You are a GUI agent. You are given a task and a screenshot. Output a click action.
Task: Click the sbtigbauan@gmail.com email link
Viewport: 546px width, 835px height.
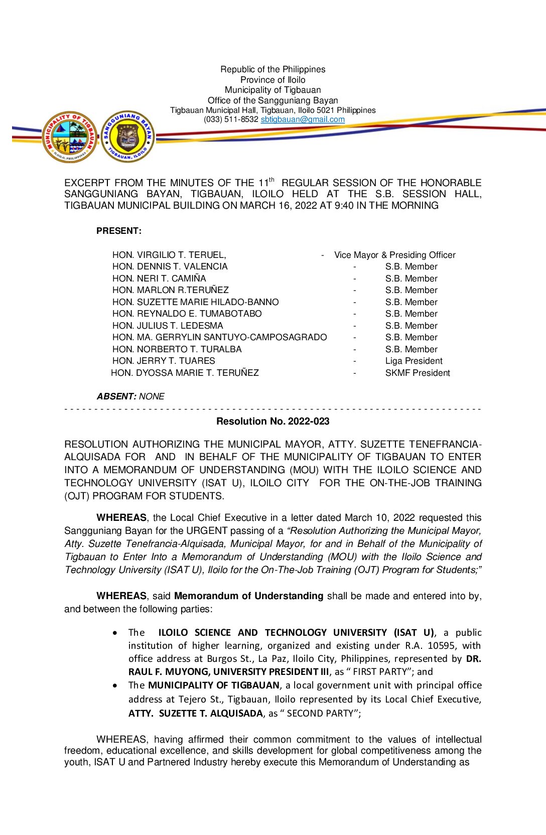click(303, 119)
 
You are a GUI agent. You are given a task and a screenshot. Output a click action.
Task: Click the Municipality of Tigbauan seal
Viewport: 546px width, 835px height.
click(70, 136)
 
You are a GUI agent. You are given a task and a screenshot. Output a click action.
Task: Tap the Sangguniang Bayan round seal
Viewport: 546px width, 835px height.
click(128, 136)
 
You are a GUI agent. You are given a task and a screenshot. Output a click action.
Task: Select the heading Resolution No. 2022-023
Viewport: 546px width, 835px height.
click(272, 422)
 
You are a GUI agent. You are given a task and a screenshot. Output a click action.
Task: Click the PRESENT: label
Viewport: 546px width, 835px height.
click(119, 231)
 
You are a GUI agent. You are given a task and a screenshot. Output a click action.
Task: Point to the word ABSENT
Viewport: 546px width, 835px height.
click(116, 396)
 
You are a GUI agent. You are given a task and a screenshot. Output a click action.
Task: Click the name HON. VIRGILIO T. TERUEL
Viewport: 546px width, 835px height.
click(169, 255)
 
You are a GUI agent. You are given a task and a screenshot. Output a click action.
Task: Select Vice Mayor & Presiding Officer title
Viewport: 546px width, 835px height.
click(395, 255)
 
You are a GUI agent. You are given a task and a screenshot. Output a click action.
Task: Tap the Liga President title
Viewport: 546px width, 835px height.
click(414, 361)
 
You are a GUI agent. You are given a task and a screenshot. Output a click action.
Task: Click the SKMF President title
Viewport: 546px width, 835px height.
click(418, 373)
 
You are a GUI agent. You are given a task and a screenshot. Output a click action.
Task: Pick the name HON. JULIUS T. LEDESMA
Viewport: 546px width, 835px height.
click(168, 326)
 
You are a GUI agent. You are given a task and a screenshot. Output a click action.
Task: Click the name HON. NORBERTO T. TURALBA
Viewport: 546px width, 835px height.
click(177, 349)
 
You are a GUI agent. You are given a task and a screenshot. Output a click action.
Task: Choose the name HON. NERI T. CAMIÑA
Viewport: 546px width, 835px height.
click(159, 279)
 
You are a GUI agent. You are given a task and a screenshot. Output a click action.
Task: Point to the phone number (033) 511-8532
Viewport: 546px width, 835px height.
click(231, 119)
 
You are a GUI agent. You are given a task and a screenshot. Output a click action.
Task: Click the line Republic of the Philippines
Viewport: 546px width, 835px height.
click(272, 69)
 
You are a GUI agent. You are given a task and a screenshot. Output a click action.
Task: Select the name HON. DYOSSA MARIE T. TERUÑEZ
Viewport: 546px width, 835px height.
click(185, 373)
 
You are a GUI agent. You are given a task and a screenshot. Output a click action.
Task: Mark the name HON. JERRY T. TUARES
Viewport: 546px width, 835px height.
click(164, 361)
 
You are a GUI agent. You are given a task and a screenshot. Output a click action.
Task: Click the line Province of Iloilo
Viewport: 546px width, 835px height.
click(272, 80)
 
